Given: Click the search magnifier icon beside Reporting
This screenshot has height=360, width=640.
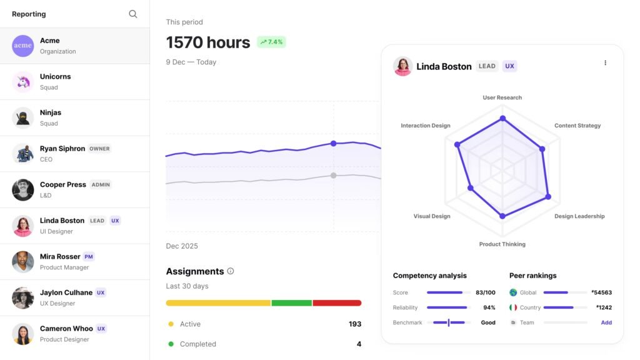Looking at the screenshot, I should coord(132,14).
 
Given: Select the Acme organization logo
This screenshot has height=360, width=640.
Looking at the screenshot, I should coord(23,46).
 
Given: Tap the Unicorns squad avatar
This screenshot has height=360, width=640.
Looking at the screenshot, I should coord(23,82).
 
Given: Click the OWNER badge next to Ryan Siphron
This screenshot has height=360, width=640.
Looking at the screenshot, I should coord(99,149).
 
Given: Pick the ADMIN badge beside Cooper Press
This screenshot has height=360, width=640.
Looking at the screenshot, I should coord(101,185).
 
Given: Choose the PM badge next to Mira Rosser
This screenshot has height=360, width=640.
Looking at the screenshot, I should coord(89,257).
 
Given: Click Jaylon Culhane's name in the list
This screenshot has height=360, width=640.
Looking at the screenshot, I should coord(66,292).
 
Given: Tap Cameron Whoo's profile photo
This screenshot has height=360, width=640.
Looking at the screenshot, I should coord(23,334).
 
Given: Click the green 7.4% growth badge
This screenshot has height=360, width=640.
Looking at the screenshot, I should coord(271,42).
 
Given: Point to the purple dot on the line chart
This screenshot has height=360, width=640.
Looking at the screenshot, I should coord(333,144).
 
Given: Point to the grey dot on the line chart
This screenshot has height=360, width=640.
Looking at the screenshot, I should coord(333,176).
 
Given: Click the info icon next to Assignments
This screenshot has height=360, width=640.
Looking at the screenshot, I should coord(231,271).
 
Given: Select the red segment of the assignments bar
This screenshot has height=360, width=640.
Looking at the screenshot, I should coord(337,303).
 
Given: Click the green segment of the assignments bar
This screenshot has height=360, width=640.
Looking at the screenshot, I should coord(292,303).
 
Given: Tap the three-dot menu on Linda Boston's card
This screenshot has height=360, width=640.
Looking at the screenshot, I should coord(605,63).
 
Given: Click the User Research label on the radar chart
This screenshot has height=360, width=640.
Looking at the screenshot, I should coord(502,97).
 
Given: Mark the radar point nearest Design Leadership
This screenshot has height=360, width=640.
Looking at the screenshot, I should coord(548,197).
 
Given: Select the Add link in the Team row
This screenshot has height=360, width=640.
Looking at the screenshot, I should coord(606,322).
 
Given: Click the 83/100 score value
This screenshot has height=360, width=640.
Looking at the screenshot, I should coord(485,292).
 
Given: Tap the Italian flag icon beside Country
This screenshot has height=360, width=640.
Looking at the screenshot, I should coord(513,307).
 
